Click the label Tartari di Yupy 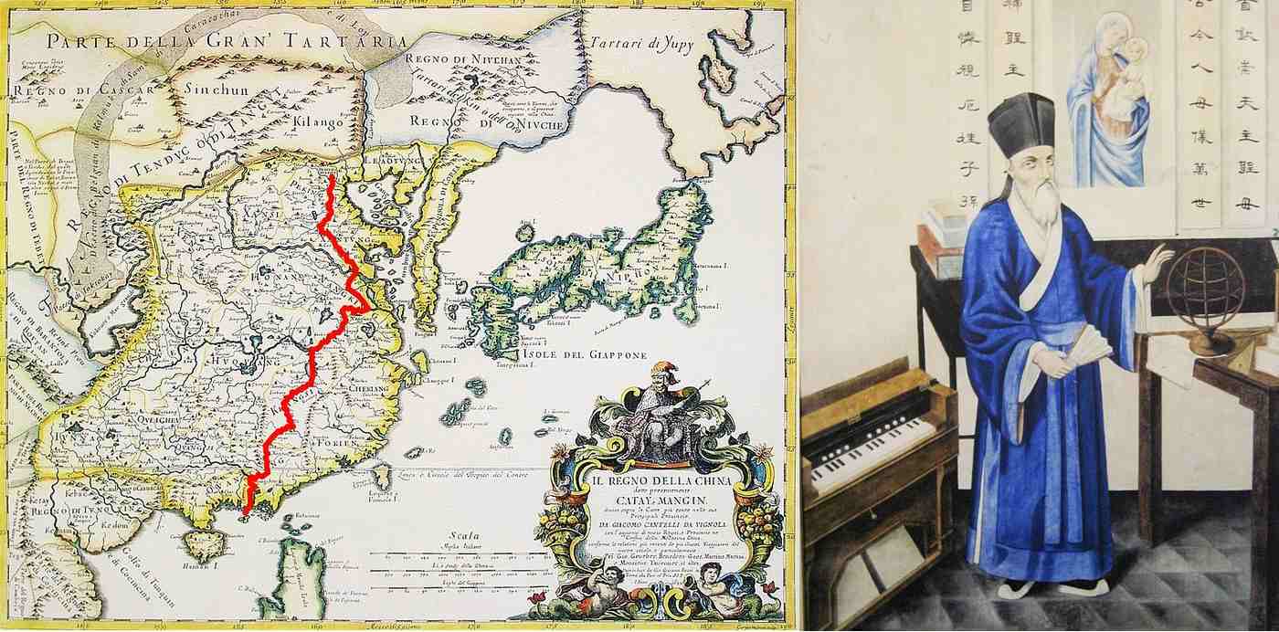pos(641,42)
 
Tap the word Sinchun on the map pos(217,90)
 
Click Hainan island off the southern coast pos(203,545)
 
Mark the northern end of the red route pos(331,177)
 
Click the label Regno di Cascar pos(63,91)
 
